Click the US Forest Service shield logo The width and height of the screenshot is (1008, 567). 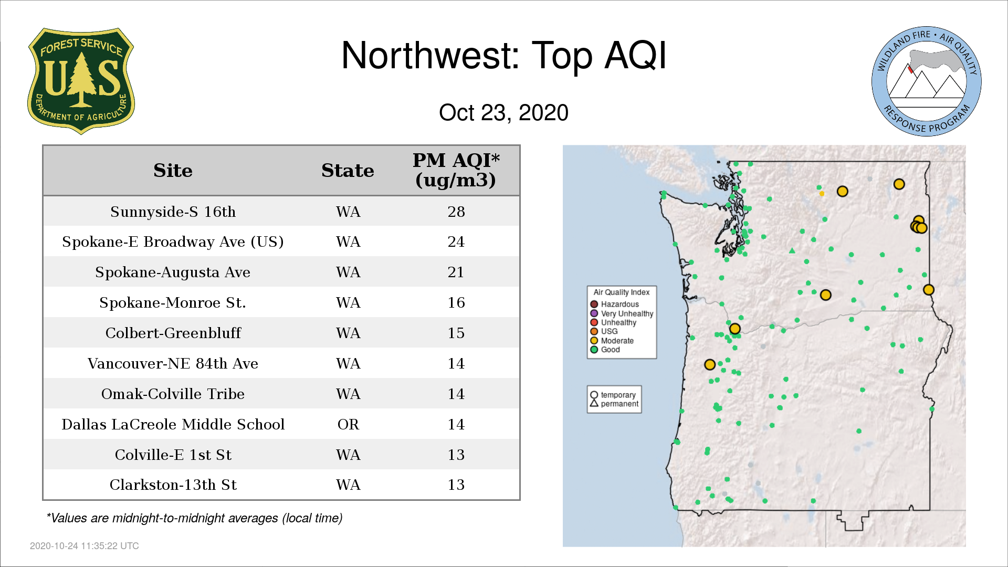click(x=81, y=81)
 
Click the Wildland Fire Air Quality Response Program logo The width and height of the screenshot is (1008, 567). click(x=927, y=81)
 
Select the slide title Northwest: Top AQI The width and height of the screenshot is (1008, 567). click(x=504, y=56)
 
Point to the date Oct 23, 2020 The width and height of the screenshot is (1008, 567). click(x=503, y=112)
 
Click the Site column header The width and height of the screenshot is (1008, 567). click(x=173, y=171)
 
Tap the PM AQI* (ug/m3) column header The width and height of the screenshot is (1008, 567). click(x=456, y=170)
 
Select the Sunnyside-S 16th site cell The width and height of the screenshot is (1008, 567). click(x=173, y=212)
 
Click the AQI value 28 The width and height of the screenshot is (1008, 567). click(x=456, y=212)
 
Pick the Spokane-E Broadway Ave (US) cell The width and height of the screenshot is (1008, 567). click(x=173, y=242)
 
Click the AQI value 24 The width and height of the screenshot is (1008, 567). click(x=456, y=242)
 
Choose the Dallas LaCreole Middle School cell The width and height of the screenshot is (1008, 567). click(x=173, y=424)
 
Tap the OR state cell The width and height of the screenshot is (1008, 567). click(x=348, y=424)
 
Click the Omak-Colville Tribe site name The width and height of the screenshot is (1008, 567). click(x=173, y=394)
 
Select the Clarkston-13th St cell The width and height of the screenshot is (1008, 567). click(x=173, y=485)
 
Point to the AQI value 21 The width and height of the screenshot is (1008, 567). click(x=456, y=272)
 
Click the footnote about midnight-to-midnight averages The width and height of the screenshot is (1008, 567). click(x=194, y=518)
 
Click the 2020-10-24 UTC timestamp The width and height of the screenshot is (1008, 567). click(x=85, y=546)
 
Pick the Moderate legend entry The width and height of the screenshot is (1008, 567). click(x=612, y=341)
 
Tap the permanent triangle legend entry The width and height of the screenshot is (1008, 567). click(x=614, y=404)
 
